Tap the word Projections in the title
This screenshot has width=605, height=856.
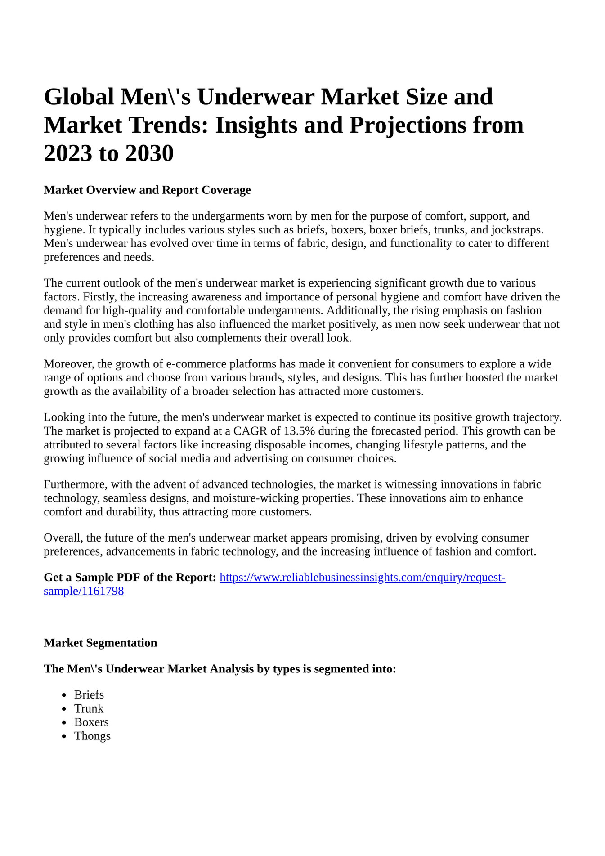tap(407, 125)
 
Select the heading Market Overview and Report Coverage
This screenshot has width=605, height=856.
tap(147, 190)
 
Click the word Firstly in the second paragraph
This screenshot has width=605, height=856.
tap(98, 297)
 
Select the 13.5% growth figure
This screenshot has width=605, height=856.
tap(299, 431)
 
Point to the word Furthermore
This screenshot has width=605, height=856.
tap(75, 484)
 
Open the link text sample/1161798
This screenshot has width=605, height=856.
tap(84, 592)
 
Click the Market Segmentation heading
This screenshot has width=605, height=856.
tap(100, 643)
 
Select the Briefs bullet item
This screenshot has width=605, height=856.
tap(89, 695)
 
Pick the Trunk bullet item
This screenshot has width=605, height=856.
tap(89, 709)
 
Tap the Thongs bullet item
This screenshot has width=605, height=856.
tap(92, 736)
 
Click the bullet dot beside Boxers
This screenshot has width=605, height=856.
tap(64, 723)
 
